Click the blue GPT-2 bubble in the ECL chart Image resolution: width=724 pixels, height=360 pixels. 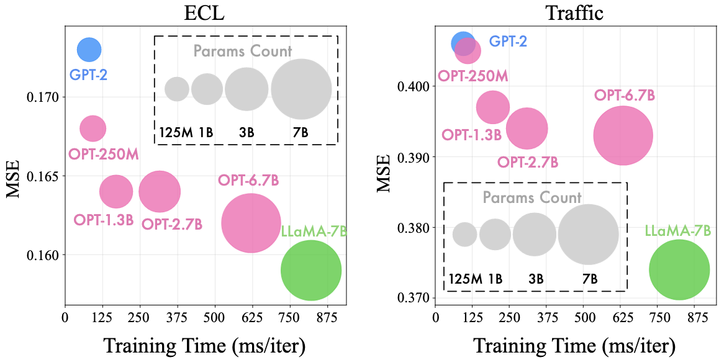pos(89,49)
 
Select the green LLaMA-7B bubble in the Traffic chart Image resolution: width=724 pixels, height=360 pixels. pos(679,270)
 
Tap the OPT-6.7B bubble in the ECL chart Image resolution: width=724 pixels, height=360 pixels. pos(251,223)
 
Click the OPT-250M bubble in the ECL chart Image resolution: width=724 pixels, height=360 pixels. pos(93,128)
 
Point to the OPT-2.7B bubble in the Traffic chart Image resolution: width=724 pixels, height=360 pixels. pos(527,128)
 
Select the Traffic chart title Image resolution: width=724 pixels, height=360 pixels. pos(574,13)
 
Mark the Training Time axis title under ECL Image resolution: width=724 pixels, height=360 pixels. pos(204,345)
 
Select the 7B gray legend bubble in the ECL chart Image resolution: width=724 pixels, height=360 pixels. pos(301,89)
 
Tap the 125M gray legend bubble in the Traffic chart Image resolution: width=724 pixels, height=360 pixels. pos(464,235)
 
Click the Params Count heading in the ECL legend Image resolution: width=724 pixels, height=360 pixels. pos(243,51)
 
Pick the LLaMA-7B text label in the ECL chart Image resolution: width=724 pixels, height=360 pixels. pos(314,232)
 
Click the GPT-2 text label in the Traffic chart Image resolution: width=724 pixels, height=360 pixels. pos(508,42)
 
